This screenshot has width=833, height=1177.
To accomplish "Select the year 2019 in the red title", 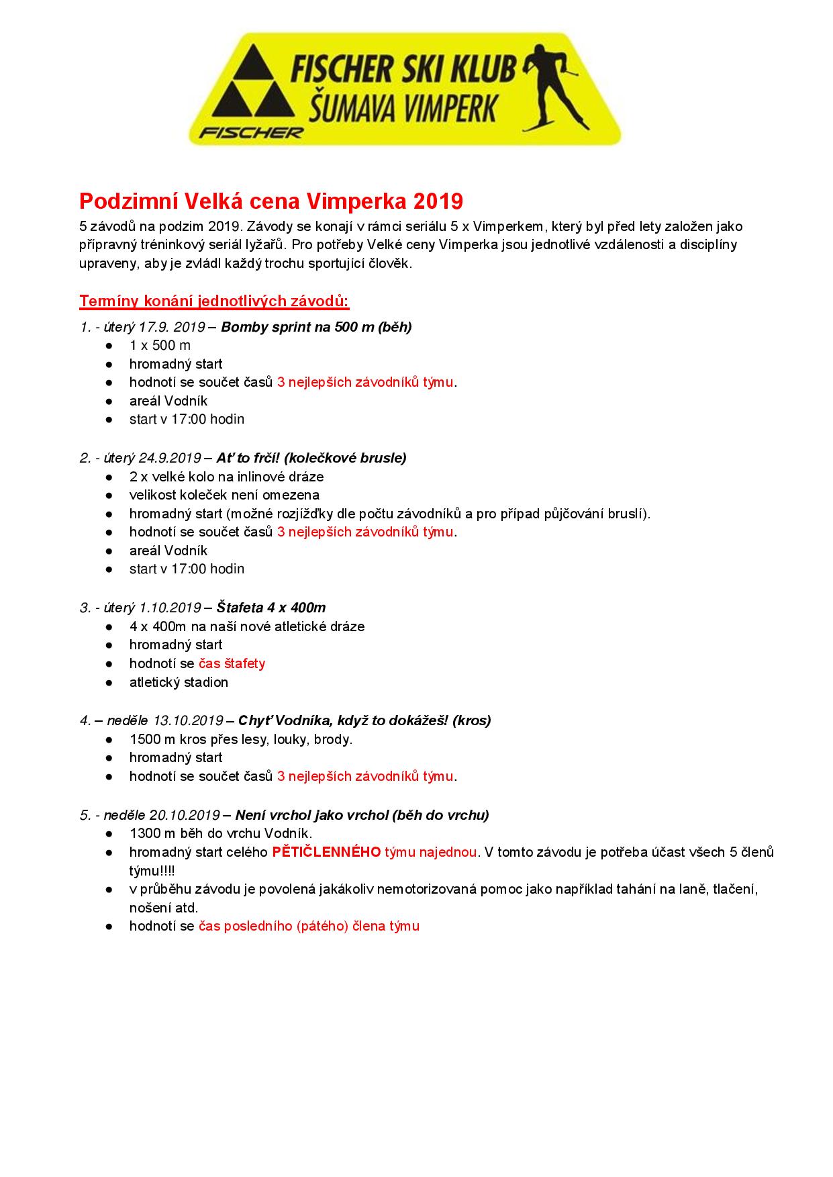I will (x=438, y=201).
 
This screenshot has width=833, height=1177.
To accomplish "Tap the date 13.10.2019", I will (x=188, y=720).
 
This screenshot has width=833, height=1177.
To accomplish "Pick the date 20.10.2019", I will (x=185, y=815).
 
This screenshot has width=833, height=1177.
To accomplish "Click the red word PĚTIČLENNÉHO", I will (x=326, y=852).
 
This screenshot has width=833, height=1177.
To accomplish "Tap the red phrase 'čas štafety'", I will (x=232, y=663).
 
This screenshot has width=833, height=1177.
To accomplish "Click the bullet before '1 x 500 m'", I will (x=109, y=346).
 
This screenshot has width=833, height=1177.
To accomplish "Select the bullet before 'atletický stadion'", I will (x=109, y=683).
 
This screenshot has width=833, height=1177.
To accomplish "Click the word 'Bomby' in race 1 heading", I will (x=240, y=327).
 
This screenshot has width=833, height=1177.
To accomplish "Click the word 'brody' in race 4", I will (x=334, y=739).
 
